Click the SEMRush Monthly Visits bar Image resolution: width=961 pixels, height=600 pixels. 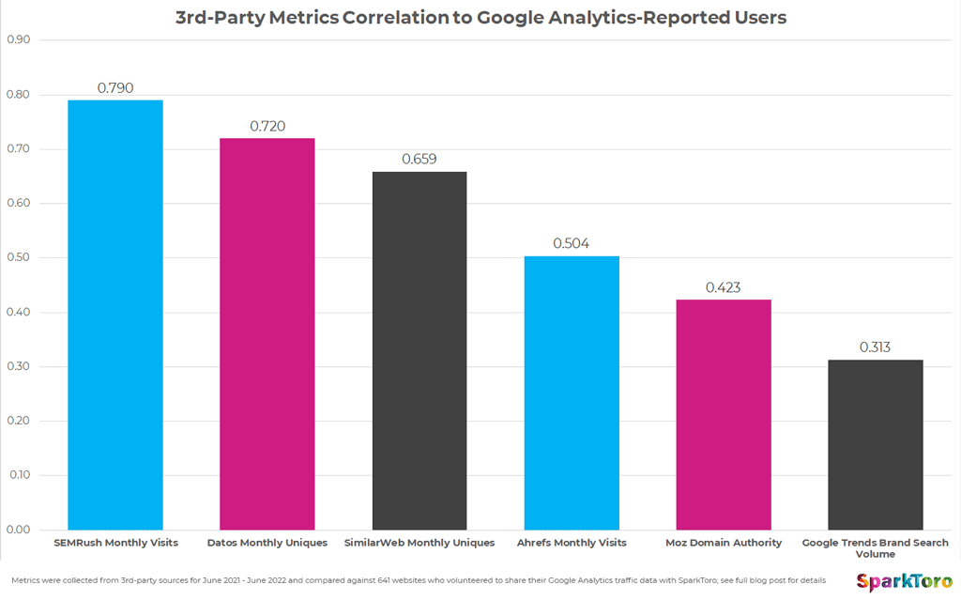point(114,315)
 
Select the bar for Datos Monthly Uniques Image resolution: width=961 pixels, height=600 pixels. point(267,333)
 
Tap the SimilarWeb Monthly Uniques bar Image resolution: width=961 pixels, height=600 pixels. point(419,350)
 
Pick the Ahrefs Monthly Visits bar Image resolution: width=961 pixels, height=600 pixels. point(571,392)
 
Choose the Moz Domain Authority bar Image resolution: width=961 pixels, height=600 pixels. point(723,414)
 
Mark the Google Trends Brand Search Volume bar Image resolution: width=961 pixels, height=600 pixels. point(875,444)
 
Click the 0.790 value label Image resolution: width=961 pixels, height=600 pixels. point(114,88)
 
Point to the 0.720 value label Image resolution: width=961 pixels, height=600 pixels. point(267,126)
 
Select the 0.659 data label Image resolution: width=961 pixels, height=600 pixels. point(419,160)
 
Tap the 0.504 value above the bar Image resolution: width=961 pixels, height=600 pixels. point(571,243)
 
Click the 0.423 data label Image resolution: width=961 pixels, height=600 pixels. point(723,287)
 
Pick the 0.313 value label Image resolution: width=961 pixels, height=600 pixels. point(875,347)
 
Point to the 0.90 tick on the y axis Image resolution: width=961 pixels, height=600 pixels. point(19,40)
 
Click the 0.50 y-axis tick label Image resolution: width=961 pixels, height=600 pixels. point(19,258)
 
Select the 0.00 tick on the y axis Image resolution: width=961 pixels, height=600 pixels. point(19,530)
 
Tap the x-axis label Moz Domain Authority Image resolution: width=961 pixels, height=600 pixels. point(723,543)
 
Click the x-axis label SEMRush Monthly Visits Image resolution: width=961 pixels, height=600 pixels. point(114,543)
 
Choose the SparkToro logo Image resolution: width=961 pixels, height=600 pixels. point(903,582)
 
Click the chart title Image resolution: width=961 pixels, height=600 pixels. point(480,17)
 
